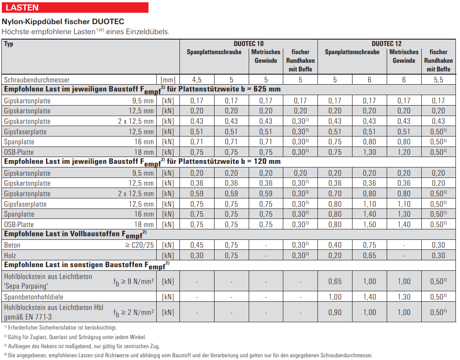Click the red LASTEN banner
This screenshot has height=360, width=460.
[75, 8]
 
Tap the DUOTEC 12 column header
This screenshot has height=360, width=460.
[387, 44]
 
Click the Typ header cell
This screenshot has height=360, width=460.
[9, 44]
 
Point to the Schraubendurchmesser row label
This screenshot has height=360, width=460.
[37, 80]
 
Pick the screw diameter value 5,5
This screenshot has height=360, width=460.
[438, 80]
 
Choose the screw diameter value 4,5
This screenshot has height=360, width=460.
[197, 80]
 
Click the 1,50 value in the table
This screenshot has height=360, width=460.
[369, 224]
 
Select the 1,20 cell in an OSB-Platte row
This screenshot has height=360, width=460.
[404, 152]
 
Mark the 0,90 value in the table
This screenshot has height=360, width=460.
[335, 312]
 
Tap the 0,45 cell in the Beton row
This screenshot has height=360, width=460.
[197, 245]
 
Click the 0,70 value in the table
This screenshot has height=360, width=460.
[335, 193]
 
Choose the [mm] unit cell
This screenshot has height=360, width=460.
[168, 80]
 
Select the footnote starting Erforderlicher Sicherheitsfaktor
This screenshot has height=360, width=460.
[61, 327]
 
